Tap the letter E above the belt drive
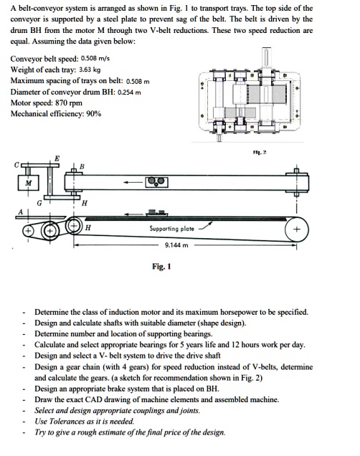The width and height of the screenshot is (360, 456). pos(57,158)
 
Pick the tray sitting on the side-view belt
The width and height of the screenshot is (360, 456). pos(156,212)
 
